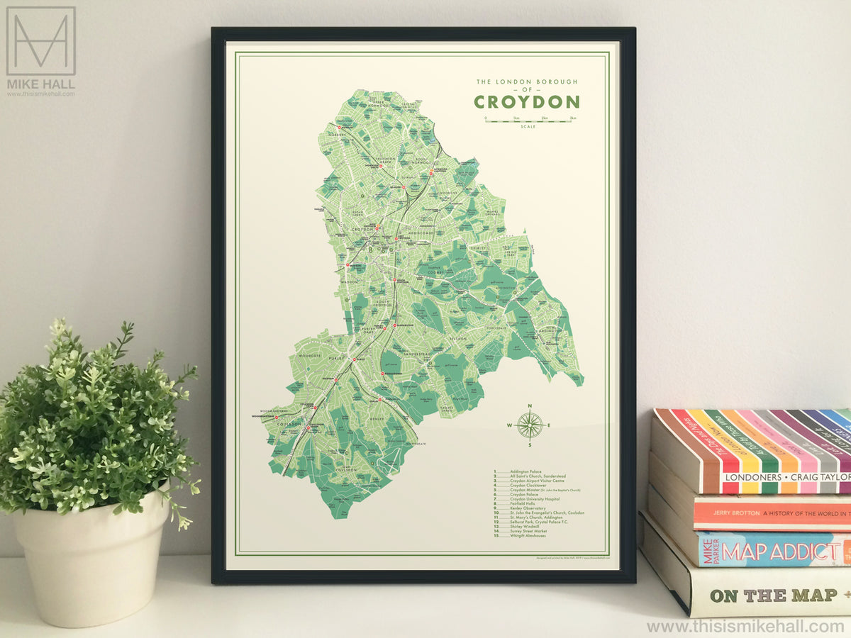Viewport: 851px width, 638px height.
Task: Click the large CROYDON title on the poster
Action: click(x=526, y=102)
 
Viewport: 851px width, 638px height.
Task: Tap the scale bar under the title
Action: click(x=529, y=121)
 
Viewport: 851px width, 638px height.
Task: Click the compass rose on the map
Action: click(x=529, y=425)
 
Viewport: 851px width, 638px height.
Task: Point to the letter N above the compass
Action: click(x=529, y=405)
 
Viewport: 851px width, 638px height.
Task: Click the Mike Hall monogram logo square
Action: click(x=41, y=41)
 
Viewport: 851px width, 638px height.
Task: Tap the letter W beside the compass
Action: click(x=509, y=425)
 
